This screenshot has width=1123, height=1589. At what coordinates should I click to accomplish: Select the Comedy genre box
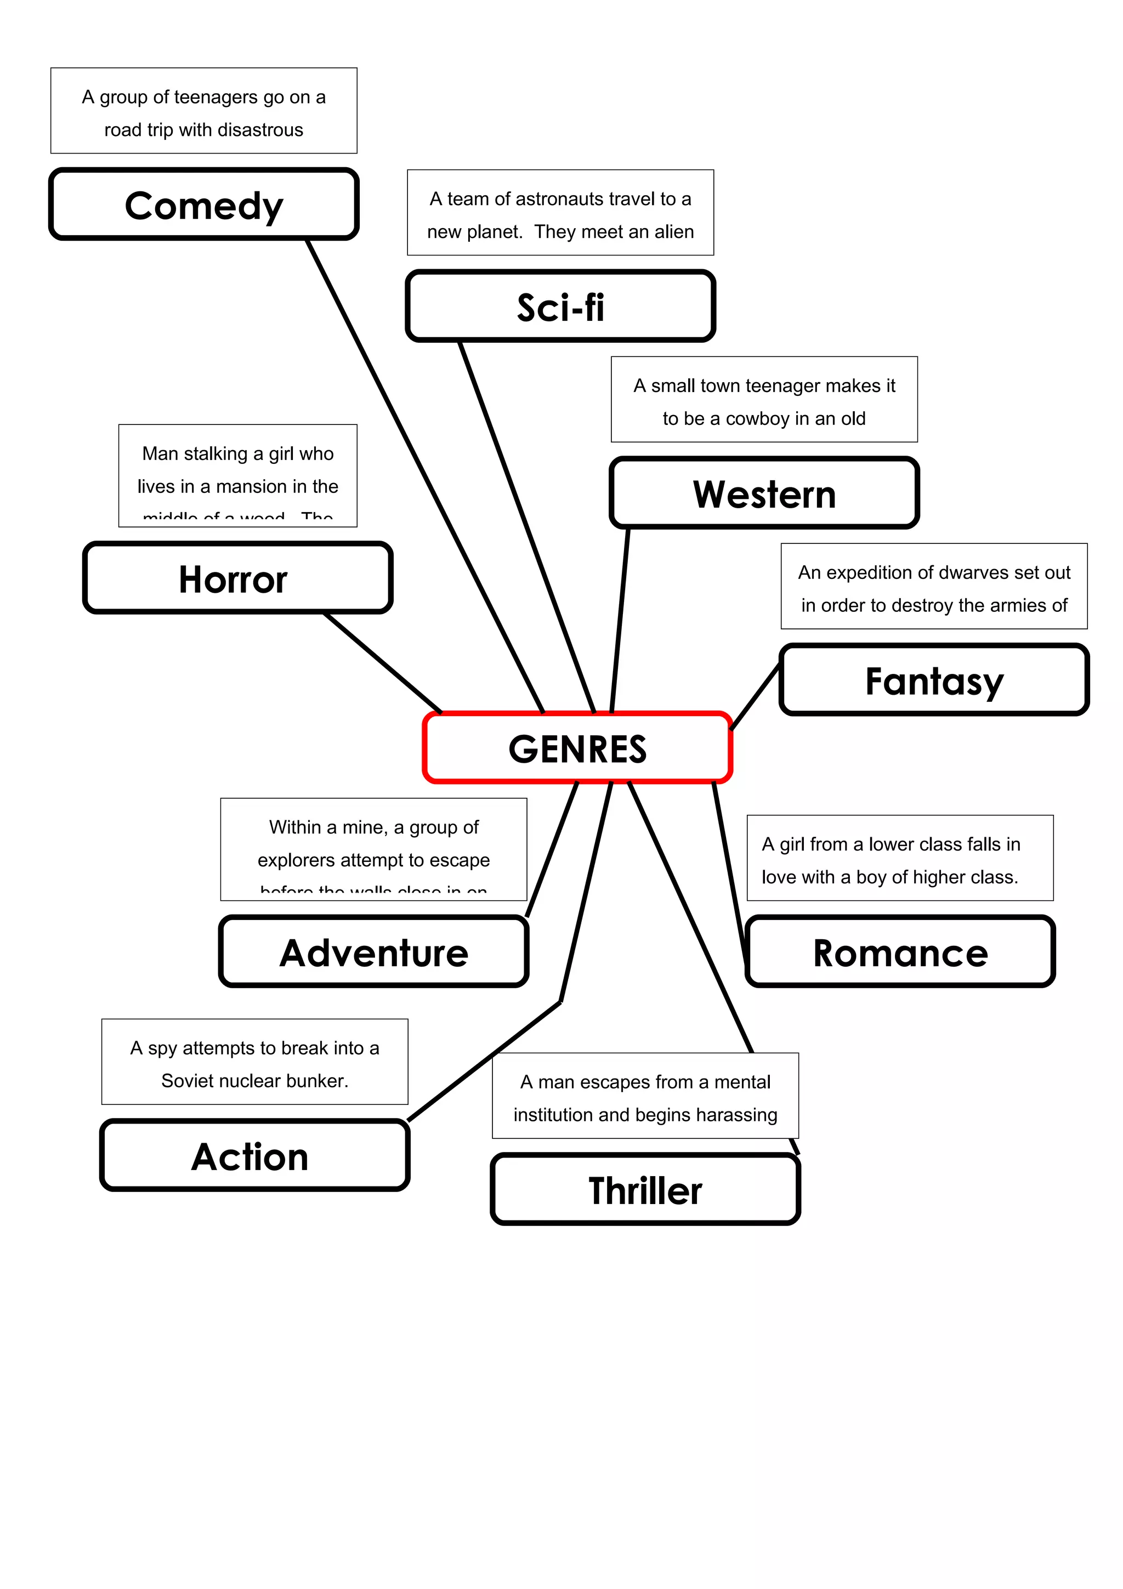[x=203, y=205]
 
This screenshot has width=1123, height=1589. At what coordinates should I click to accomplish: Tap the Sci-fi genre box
[x=560, y=307]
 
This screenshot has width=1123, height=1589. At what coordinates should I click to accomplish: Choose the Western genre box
[x=764, y=493]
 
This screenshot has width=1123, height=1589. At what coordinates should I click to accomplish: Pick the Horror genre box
[x=237, y=578]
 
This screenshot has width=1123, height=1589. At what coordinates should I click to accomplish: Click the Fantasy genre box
[x=934, y=680]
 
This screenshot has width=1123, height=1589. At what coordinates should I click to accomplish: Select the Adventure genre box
[x=373, y=952]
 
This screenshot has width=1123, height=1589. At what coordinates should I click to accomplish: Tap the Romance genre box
[x=900, y=952]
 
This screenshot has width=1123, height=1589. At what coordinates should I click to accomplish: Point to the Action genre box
[x=254, y=1156]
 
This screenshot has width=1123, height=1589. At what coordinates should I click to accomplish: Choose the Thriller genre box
[x=645, y=1190]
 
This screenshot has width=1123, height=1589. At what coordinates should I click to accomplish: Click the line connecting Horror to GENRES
[x=383, y=662]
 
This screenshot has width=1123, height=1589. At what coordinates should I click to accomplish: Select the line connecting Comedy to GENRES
[x=425, y=475]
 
